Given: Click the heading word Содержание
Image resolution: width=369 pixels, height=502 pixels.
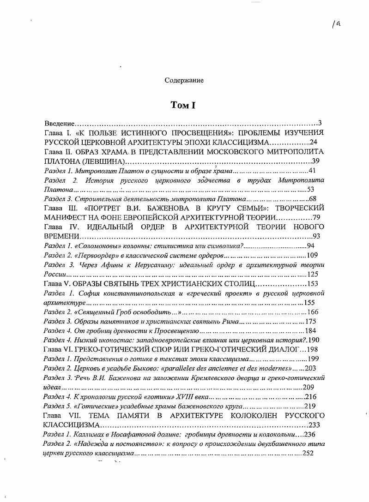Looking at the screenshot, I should (x=184, y=80).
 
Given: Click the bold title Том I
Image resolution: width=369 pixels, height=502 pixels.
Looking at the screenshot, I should (x=183, y=106).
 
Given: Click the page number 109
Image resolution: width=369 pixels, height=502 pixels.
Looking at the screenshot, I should (x=313, y=255).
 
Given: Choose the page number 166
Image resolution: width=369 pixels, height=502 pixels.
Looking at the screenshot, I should (x=313, y=312).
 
